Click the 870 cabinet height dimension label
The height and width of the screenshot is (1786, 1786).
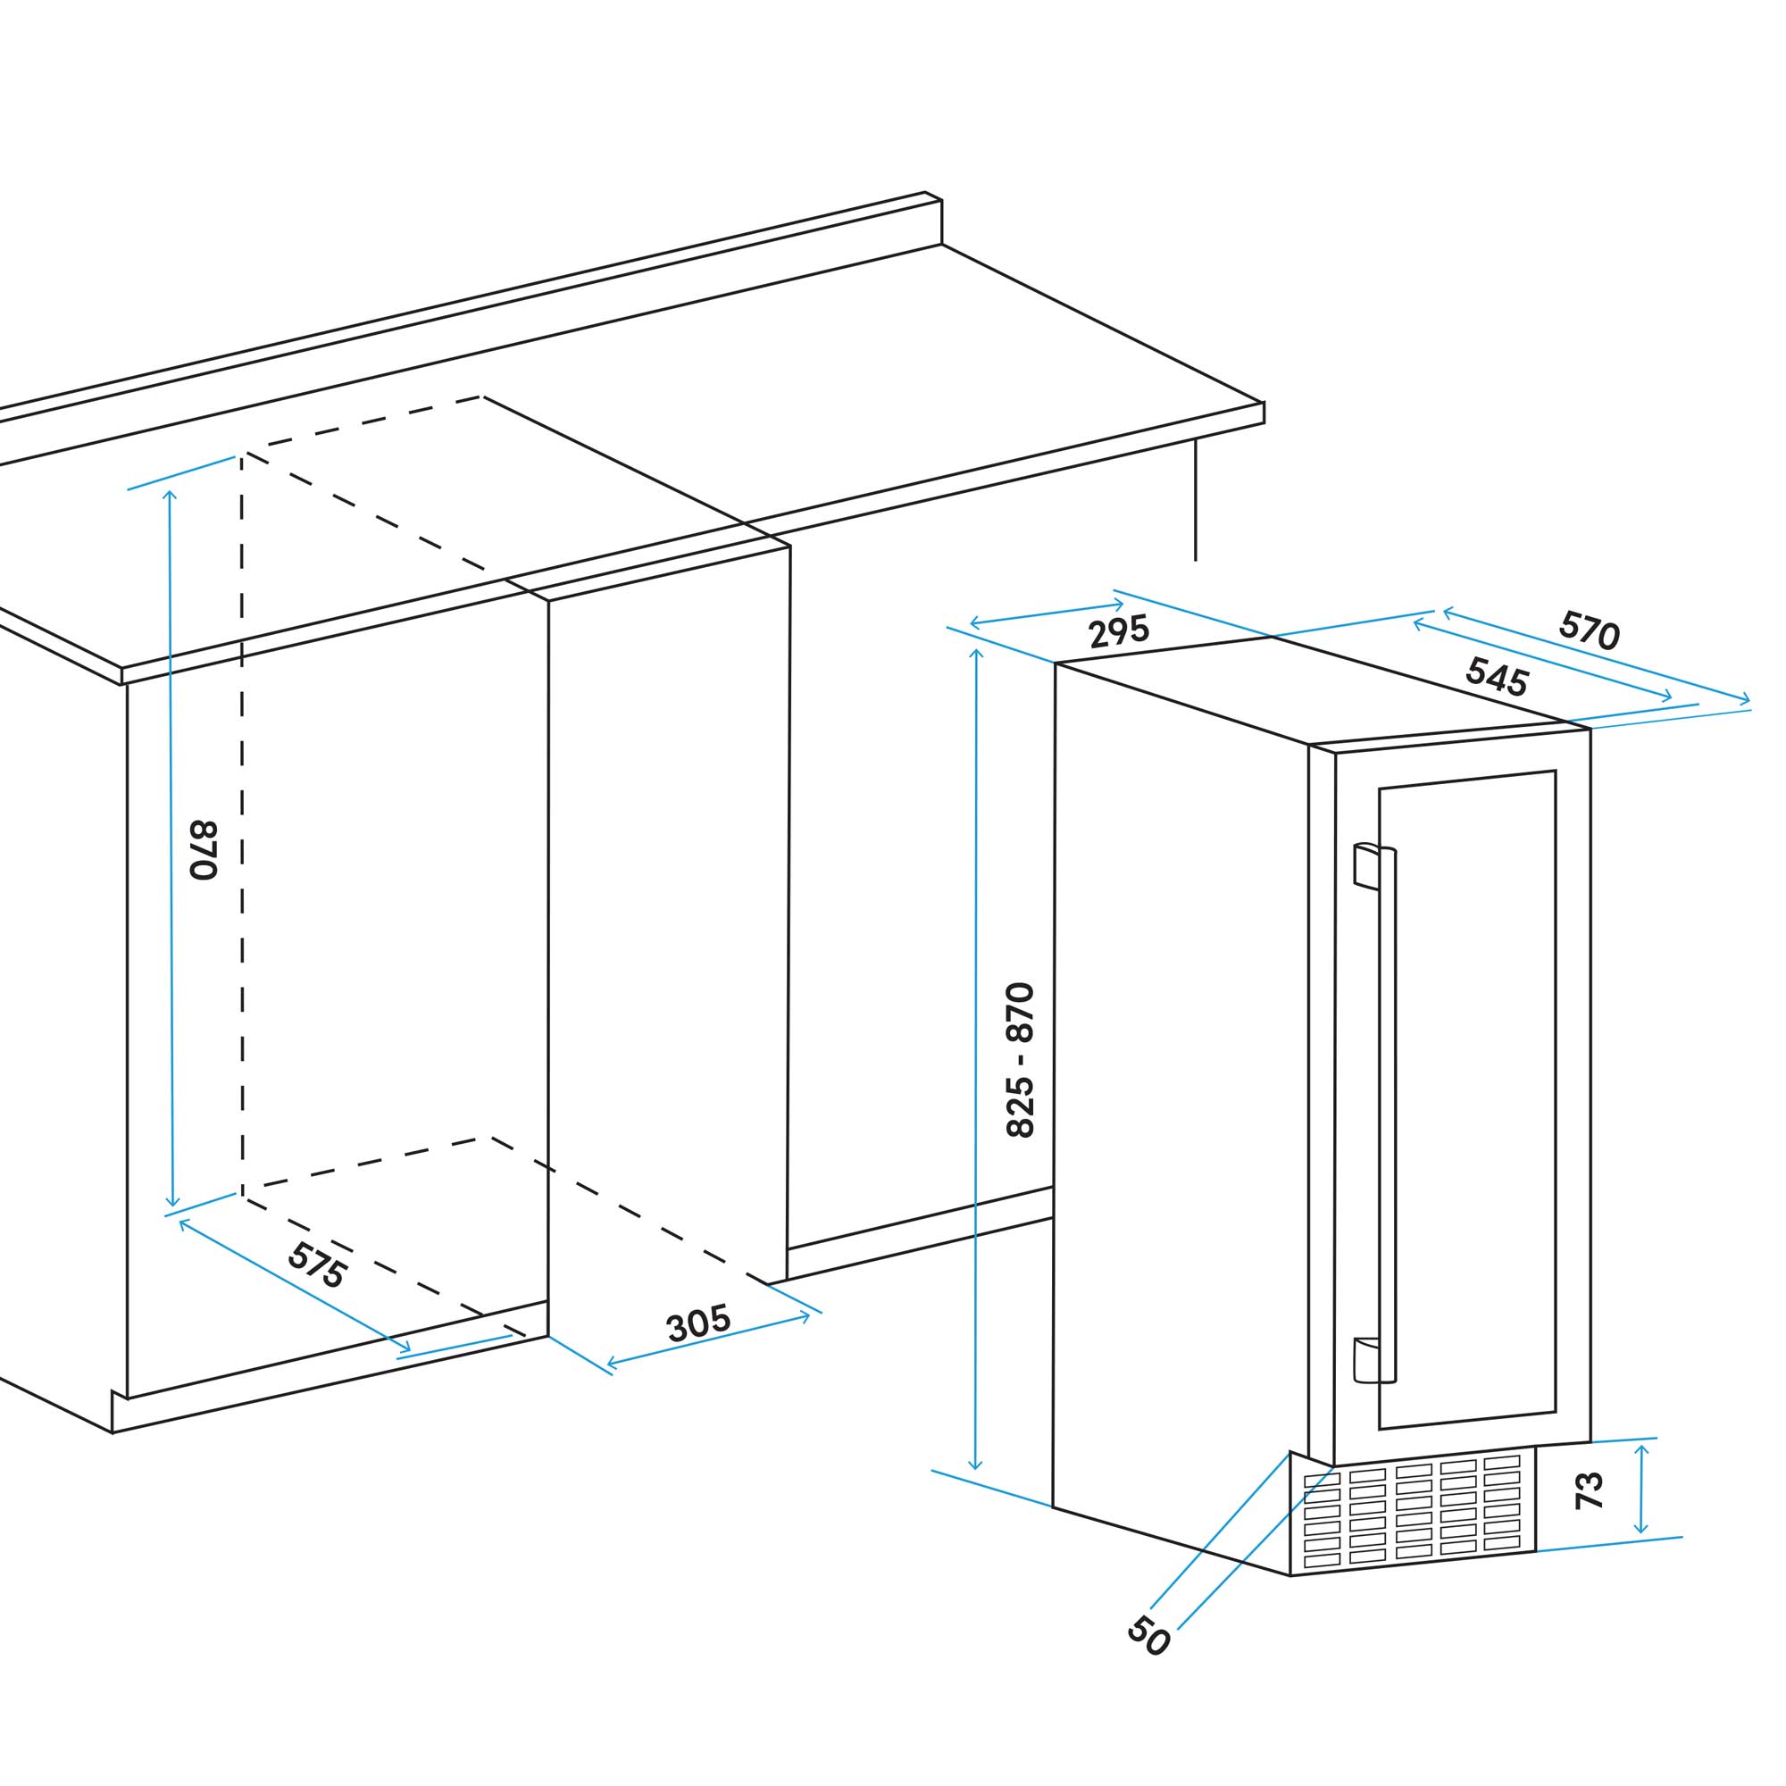(x=203, y=849)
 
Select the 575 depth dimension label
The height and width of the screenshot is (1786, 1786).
(x=317, y=1265)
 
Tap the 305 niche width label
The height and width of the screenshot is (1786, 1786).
(x=699, y=1323)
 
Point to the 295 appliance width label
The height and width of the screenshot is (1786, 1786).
(x=1119, y=631)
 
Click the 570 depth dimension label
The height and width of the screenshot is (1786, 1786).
(x=1590, y=630)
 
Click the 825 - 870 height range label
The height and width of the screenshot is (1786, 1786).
(x=1021, y=1059)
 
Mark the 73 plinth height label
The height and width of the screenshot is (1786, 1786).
(x=1590, y=1491)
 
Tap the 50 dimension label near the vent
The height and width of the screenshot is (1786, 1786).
(x=1149, y=1635)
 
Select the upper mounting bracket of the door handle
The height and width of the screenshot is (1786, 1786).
(x=1365, y=865)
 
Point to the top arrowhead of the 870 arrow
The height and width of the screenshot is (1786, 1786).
(x=169, y=495)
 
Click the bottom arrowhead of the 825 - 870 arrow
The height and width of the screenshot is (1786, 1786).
(x=974, y=1465)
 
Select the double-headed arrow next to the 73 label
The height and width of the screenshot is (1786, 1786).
(x=1640, y=1490)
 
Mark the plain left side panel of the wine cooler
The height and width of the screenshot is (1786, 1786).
(x=1179, y=1109)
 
